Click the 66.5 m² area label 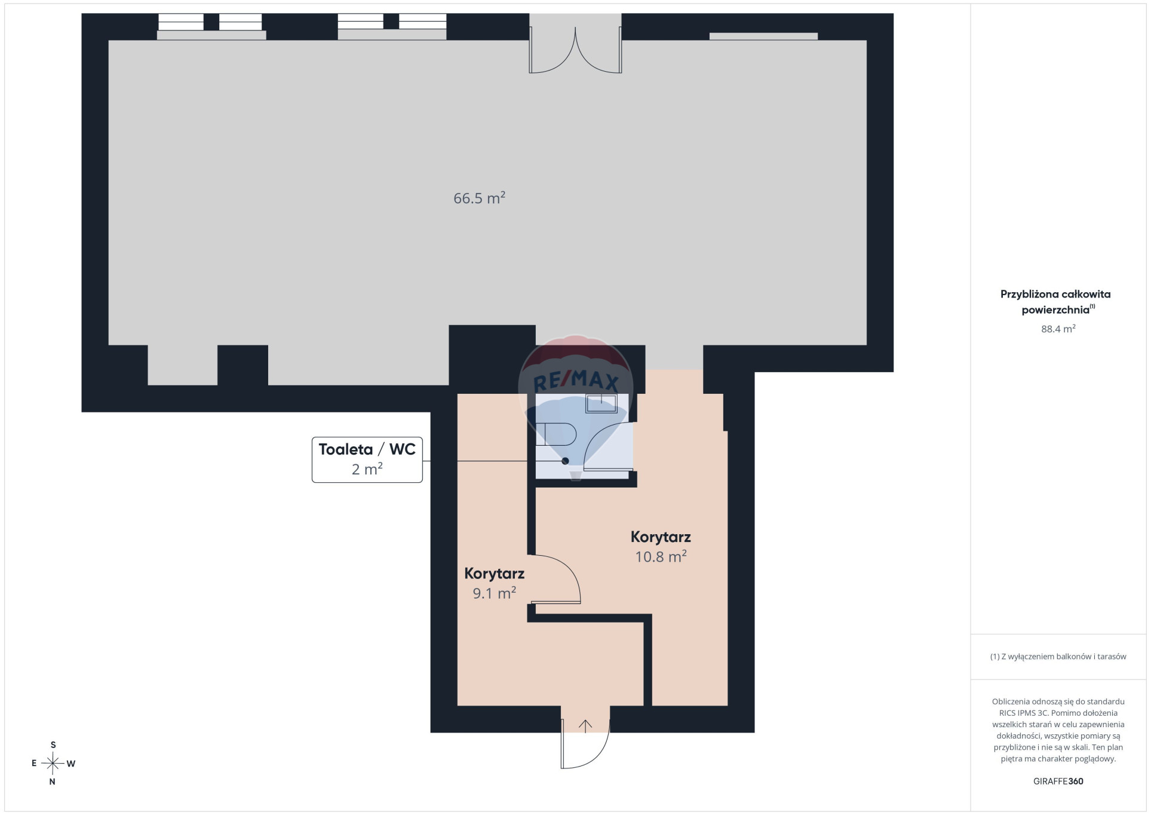(479, 198)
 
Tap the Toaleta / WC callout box (367, 459)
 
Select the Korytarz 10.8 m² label (661, 546)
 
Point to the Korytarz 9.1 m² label (495, 583)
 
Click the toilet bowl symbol (555, 434)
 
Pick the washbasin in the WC (601, 404)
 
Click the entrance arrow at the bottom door (585, 726)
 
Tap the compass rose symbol (53, 763)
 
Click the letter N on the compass (53, 782)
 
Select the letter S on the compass (53, 745)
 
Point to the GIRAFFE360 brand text (1058, 781)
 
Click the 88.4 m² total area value (1058, 329)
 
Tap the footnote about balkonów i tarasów (1058, 657)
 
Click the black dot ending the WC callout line (565, 461)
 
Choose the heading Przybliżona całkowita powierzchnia (1055, 302)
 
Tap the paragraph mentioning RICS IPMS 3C (1058, 730)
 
